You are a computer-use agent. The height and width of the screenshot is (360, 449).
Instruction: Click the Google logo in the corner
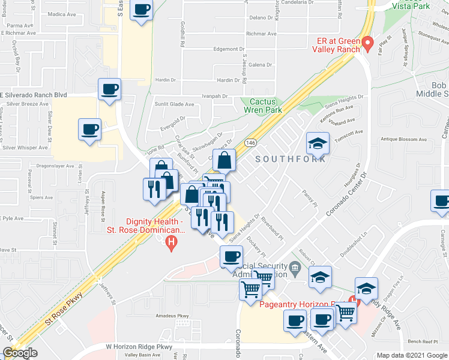tap(19, 352)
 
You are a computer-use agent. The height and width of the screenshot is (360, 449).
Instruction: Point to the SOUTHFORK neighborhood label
tap(291, 159)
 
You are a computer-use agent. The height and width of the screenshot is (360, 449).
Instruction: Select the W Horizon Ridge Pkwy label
tap(139, 346)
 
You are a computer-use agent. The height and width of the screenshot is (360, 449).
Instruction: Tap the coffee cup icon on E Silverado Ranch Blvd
tap(110, 89)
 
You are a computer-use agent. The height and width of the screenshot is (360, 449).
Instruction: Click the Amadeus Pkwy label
tap(172, 316)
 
